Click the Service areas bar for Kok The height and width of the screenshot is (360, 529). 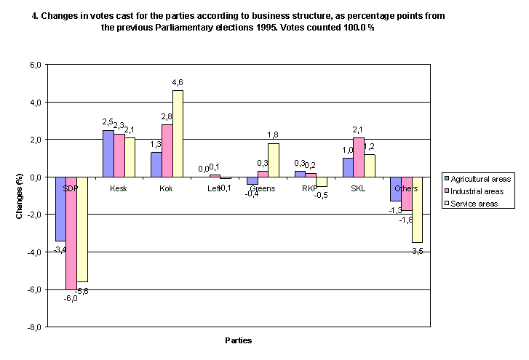pos(178,133)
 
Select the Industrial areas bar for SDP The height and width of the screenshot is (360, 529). pos(71,233)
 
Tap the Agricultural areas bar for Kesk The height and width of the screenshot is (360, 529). pos(108,153)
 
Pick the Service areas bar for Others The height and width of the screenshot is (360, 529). pos(417,209)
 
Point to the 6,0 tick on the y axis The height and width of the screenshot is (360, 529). pos(34,65)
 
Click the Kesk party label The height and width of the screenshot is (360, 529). pos(118,188)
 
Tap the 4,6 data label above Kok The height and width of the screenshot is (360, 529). pos(178,83)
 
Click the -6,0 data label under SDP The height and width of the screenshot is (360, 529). pos(71,297)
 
